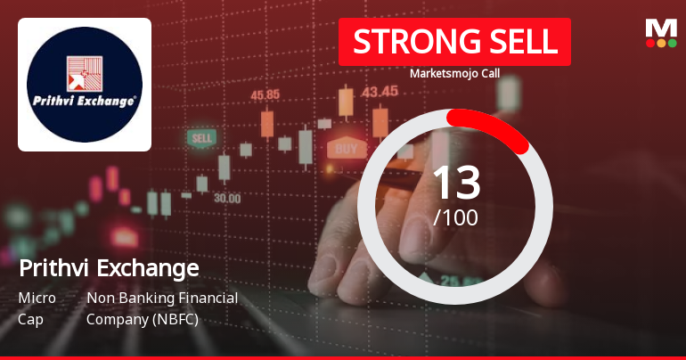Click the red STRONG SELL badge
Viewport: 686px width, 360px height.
(454, 42)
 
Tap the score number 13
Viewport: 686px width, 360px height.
(456, 184)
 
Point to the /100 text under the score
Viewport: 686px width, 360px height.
(455, 217)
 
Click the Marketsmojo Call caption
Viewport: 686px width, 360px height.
(454, 73)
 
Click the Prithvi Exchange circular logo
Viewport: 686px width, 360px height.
(85, 84)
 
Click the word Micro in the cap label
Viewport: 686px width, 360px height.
(37, 298)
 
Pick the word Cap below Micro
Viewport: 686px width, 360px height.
(30, 318)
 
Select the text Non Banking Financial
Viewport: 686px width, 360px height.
(162, 298)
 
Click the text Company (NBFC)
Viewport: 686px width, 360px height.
(143, 318)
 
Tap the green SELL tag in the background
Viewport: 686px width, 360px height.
(201, 139)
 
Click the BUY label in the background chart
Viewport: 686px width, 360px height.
(347, 148)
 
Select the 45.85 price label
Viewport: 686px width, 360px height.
(265, 94)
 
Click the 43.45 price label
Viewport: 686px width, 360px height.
(380, 91)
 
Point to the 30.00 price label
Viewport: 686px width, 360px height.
(227, 198)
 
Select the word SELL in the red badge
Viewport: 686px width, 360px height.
(513, 42)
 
